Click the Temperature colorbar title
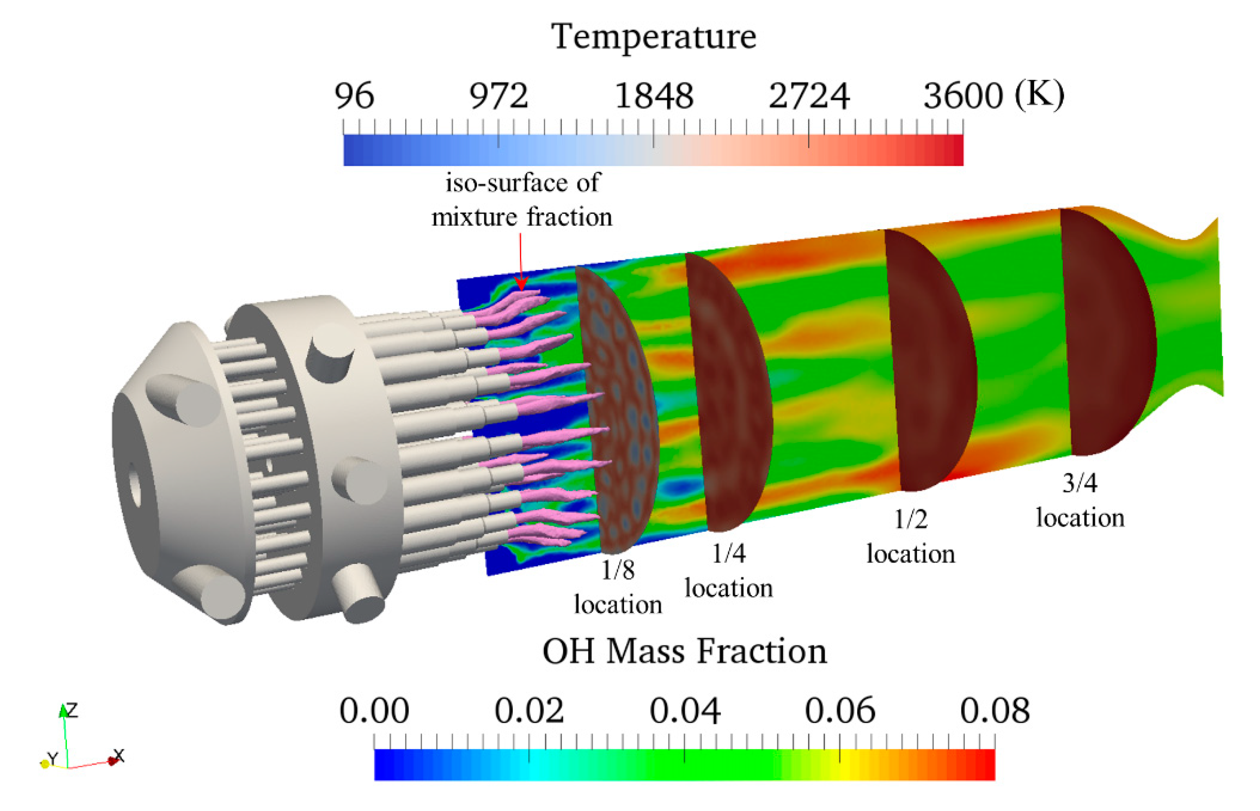653,37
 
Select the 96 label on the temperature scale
354,96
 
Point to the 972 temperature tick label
498,96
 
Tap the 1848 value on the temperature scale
654,96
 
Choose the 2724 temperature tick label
809,96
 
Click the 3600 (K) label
993,96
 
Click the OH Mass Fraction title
684,652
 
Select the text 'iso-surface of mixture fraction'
522,200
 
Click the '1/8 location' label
618,587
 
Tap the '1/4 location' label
728,571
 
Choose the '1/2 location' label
911,537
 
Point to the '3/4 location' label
1080,500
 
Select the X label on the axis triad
119,756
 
